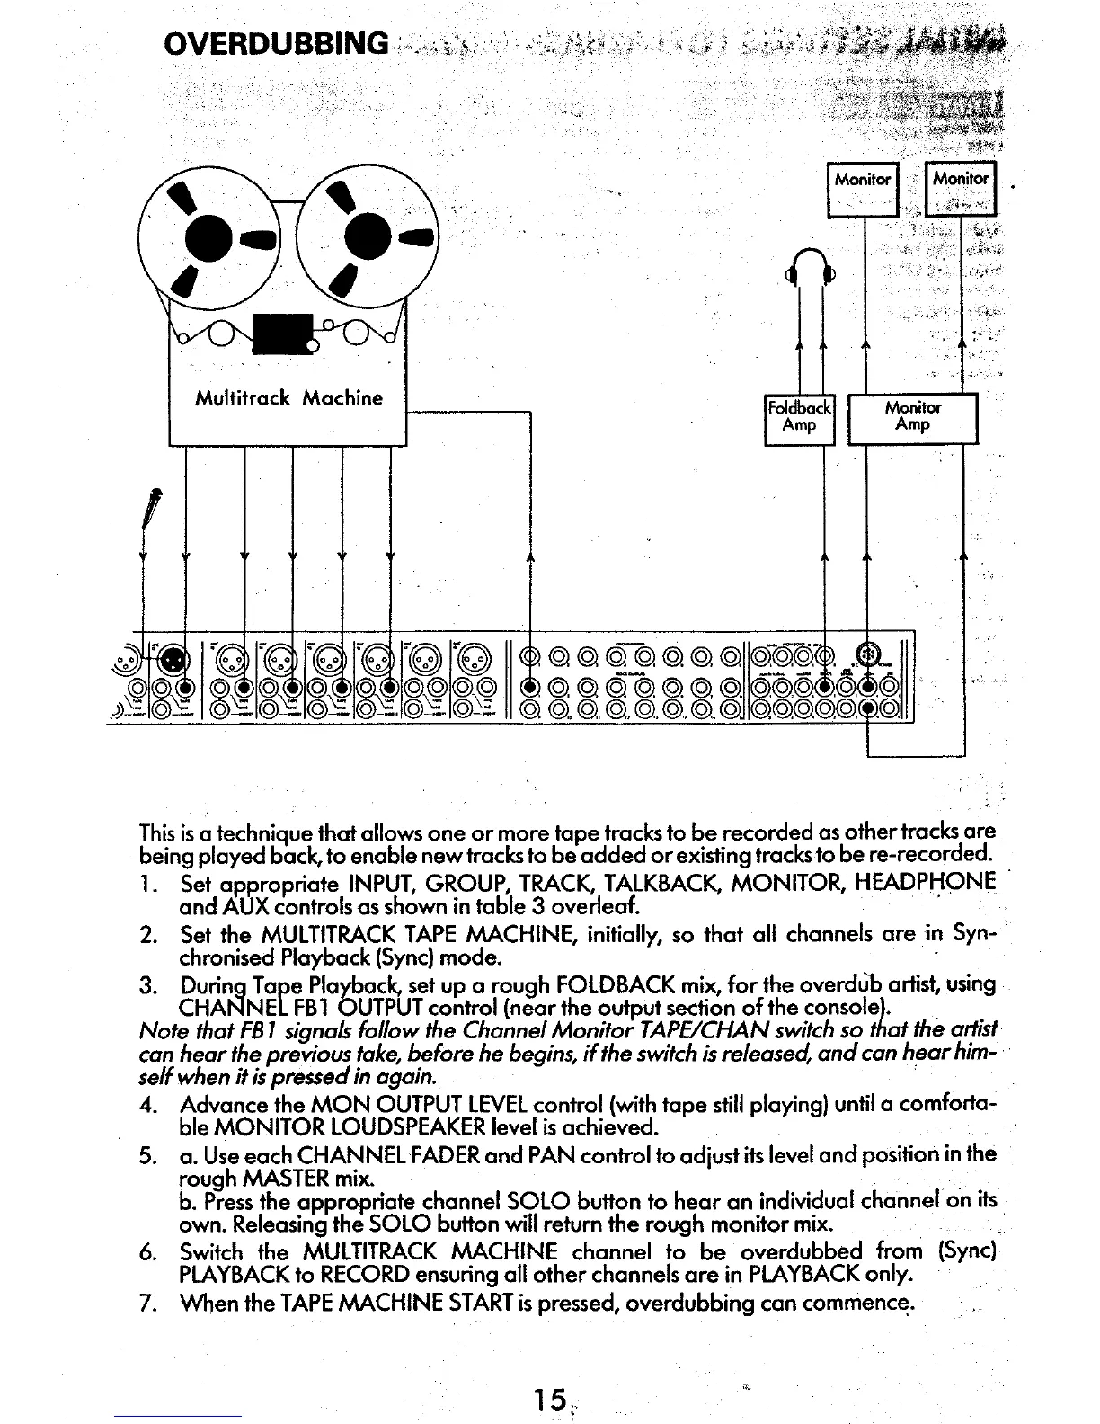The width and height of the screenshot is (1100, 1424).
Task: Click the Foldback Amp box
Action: [x=799, y=419]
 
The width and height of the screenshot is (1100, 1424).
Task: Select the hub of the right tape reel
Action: [x=365, y=236]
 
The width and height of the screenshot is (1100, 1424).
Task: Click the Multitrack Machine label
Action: [x=289, y=397]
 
